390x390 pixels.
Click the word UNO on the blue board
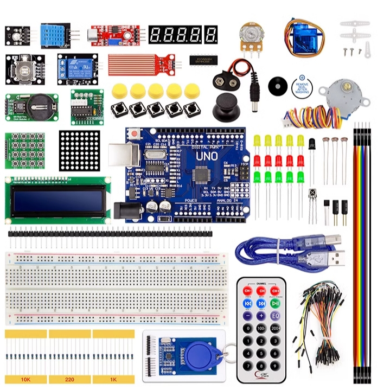(207, 156)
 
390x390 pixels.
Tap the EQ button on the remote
(275, 316)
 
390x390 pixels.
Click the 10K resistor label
(25, 379)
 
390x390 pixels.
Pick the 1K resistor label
(113, 379)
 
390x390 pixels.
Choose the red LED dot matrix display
(80, 150)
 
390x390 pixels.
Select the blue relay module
(77, 69)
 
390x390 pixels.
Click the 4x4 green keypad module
(25, 149)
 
